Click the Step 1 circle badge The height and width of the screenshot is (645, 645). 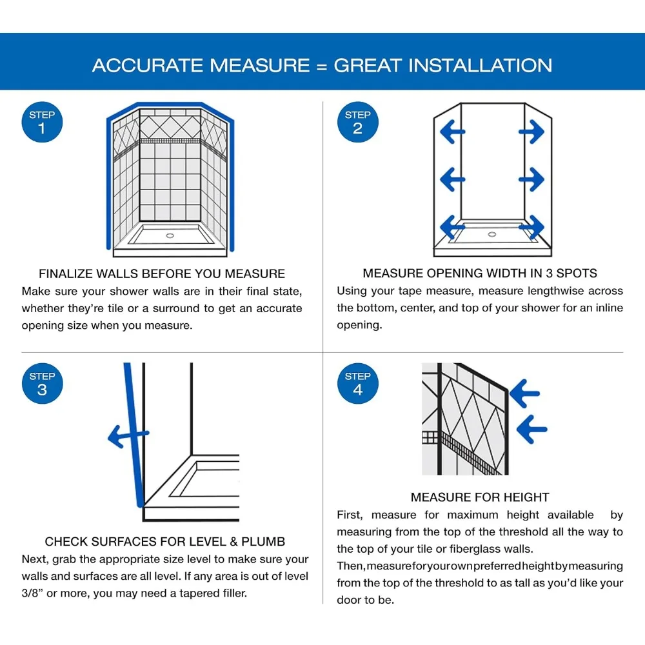[x=42, y=122]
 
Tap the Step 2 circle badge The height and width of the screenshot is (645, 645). [x=357, y=122]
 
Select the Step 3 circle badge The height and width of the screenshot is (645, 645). [x=42, y=383]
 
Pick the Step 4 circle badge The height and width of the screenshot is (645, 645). [x=357, y=383]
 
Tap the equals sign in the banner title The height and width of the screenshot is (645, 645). [x=322, y=66]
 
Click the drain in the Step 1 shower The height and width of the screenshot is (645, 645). [x=170, y=235]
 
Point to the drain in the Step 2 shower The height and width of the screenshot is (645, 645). [x=492, y=235]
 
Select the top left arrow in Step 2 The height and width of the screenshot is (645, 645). [x=453, y=132]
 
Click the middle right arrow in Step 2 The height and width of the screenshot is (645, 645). [x=531, y=179]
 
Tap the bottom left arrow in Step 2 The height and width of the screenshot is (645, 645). [x=453, y=226]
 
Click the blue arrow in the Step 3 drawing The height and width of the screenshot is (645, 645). [x=128, y=435]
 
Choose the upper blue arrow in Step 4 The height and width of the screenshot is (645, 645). [x=524, y=393]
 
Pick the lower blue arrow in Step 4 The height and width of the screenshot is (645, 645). [x=531, y=429]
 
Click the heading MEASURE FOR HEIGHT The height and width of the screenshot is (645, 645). [x=480, y=497]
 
